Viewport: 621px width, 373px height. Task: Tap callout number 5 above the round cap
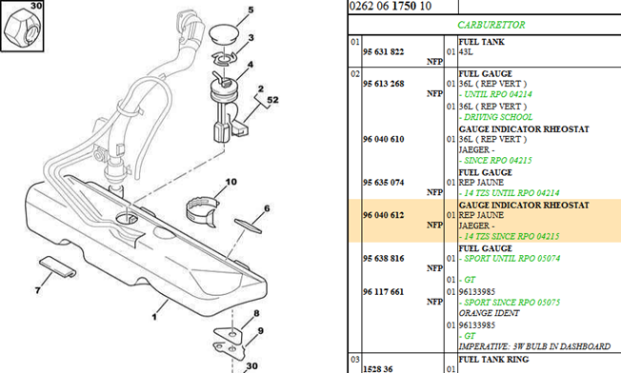[250, 10]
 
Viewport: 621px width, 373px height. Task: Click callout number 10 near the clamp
[230, 182]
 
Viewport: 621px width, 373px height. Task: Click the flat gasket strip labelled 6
[248, 226]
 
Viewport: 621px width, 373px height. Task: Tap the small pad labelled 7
[57, 266]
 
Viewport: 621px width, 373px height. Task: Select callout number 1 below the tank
[154, 317]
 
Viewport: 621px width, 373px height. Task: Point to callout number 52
[272, 100]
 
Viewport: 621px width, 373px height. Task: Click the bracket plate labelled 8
[229, 334]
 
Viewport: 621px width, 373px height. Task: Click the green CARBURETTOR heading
[491, 25]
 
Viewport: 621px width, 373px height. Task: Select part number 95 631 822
[384, 51]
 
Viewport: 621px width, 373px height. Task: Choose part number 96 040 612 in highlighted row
[384, 215]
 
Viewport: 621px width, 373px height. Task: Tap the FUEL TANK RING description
[493, 360]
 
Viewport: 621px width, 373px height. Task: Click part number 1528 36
[378, 369]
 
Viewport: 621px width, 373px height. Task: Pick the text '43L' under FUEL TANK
[466, 51]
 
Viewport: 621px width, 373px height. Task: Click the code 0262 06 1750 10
[391, 6]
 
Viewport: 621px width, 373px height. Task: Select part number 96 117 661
[384, 292]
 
